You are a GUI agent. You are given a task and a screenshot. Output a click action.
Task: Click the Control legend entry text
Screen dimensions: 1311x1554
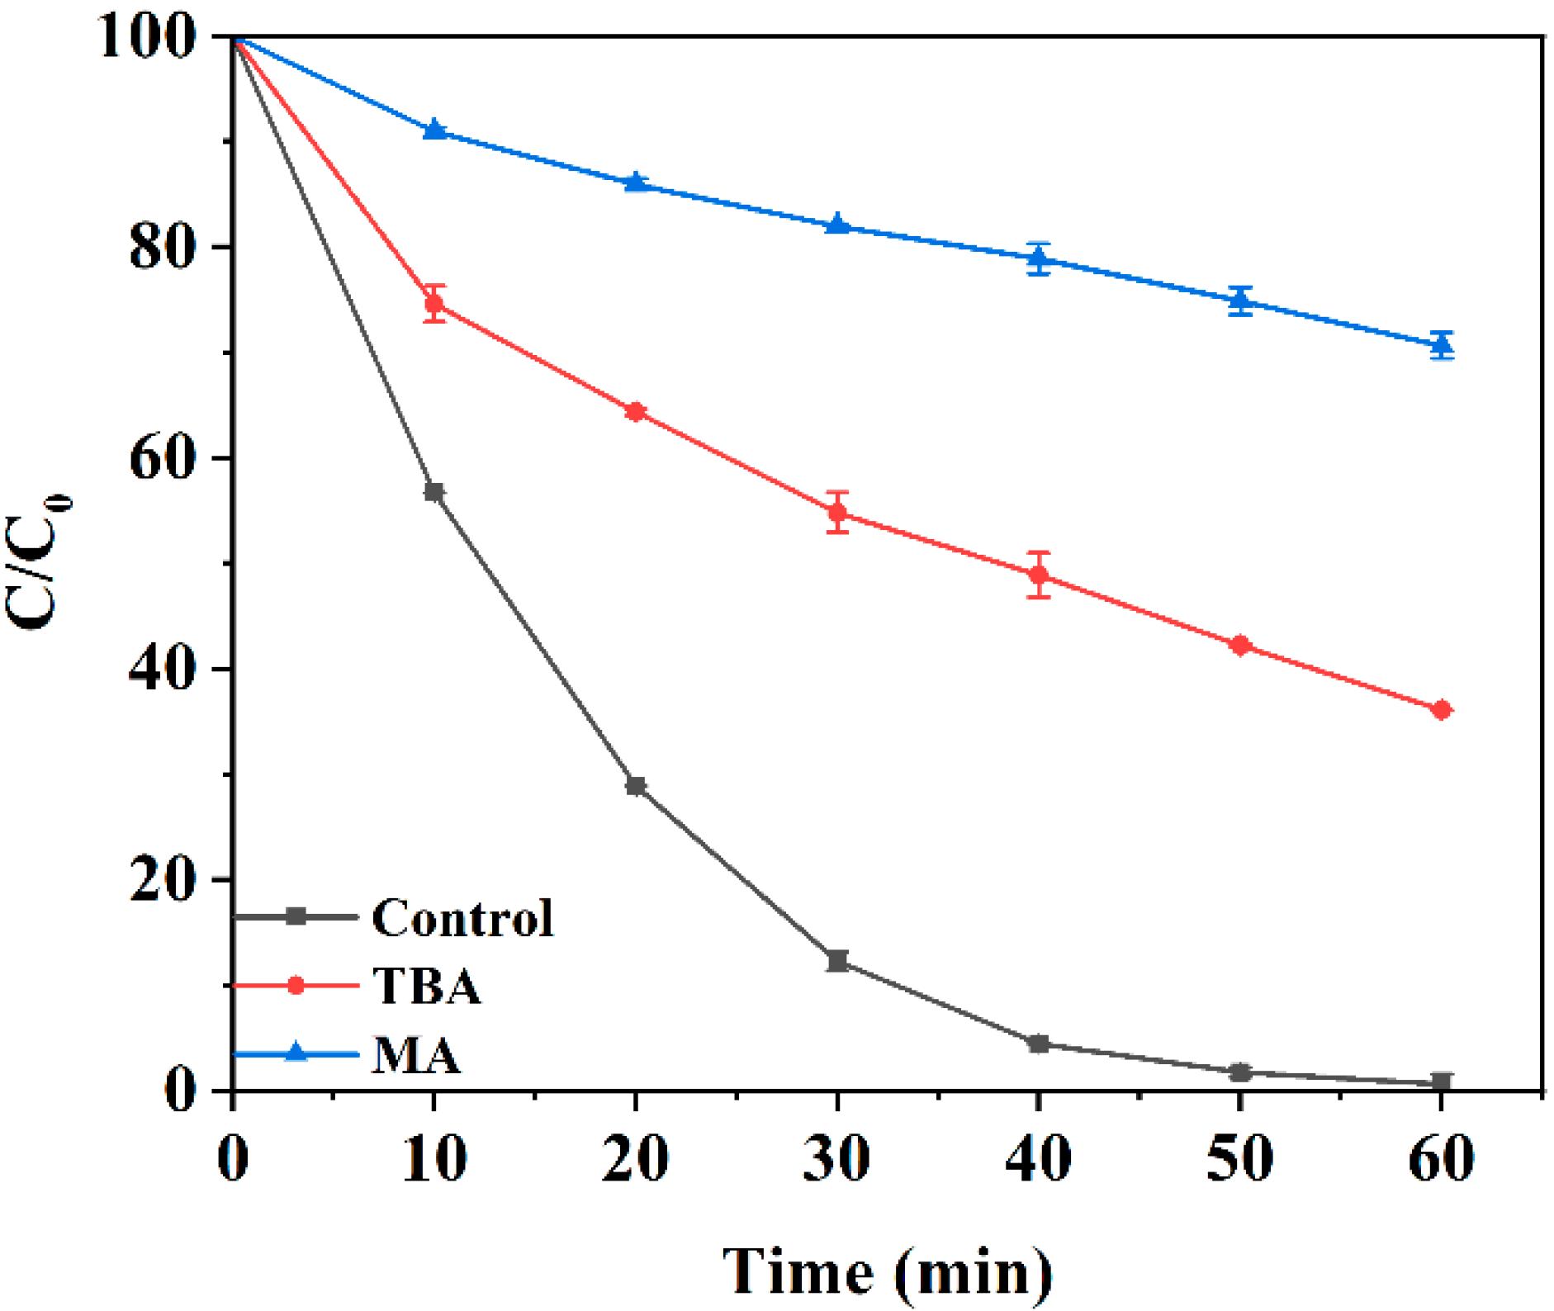tap(462, 918)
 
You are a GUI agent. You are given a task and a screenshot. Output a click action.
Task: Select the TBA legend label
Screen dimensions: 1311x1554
tap(426, 986)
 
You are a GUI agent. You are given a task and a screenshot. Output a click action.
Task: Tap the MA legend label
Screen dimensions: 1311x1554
tap(415, 1055)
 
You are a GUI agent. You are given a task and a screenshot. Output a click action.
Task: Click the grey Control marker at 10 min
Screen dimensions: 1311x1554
tap(434, 492)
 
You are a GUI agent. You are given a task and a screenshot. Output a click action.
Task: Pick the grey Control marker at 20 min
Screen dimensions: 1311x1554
tap(635, 786)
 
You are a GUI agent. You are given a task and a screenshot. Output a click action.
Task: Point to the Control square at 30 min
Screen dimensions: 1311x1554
tap(837, 961)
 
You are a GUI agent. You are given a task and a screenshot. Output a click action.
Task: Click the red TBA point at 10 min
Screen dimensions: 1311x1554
tap(434, 304)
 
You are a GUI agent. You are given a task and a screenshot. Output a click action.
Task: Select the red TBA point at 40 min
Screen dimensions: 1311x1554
tap(1039, 575)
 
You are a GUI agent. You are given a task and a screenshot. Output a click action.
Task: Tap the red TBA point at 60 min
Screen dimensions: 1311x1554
tap(1442, 710)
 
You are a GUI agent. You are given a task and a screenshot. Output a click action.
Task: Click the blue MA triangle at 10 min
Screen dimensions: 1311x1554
tap(434, 130)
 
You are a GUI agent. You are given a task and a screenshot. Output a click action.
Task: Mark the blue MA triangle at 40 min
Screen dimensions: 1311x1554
tap(1039, 259)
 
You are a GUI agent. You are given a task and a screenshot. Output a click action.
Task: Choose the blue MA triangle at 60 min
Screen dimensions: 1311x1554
tap(1442, 345)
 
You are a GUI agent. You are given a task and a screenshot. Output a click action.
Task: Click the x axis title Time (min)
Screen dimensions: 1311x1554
tap(888, 1271)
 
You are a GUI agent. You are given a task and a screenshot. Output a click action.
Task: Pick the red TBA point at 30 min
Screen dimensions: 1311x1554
tap(837, 513)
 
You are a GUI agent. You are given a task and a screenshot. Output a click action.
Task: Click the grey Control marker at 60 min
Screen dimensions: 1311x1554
tap(1442, 1081)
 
